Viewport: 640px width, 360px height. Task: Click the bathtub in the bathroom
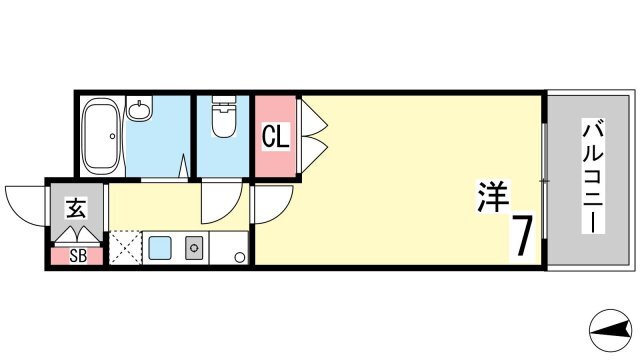pyautogui.click(x=101, y=136)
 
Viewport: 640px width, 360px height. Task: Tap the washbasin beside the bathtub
pyautogui.click(x=139, y=108)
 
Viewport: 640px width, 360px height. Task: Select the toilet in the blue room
pyautogui.click(x=224, y=116)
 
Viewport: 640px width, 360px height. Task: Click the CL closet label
pyautogui.click(x=276, y=136)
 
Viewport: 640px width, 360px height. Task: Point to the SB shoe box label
pyautogui.click(x=78, y=256)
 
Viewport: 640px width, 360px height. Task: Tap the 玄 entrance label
pyautogui.click(x=76, y=208)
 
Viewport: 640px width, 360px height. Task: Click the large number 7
pyautogui.click(x=522, y=236)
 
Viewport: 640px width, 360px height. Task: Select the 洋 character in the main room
pyautogui.click(x=493, y=196)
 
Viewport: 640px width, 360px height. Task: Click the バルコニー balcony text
pyautogui.click(x=593, y=176)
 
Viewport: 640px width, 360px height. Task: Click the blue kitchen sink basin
pyautogui.click(x=160, y=248)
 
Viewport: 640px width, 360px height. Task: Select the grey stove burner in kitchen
pyautogui.click(x=193, y=248)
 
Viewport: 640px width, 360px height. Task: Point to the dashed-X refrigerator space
pyautogui.click(x=125, y=248)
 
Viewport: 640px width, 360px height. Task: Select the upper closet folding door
pyautogui.click(x=314, y=118)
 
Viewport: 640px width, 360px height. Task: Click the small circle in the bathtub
pyautogui.click(x=112, y=136)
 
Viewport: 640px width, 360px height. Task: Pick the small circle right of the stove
pyautogui.click(x=240, y=257)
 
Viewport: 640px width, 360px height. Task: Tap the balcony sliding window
pyautogui.click(x=544, y=181)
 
